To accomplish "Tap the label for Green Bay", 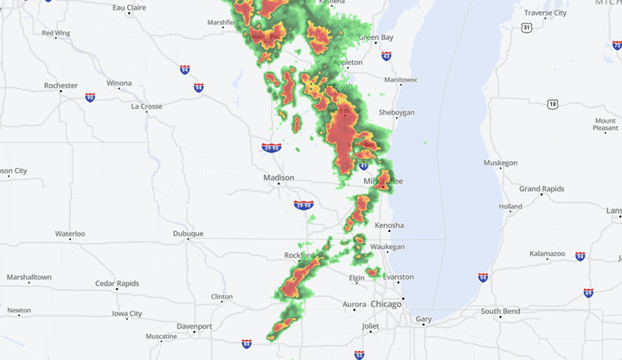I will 375,37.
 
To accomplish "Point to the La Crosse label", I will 146,106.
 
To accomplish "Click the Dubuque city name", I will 188,234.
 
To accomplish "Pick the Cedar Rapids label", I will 116,283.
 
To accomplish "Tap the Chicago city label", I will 386,305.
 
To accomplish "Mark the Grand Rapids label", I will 542,188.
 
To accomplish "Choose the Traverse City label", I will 546,13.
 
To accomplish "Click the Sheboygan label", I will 397,112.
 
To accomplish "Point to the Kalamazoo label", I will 548,254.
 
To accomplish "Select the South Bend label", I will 500,311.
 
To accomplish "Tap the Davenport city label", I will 195,326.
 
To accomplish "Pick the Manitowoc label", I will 401,80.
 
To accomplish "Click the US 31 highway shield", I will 527,28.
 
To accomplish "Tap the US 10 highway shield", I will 552,104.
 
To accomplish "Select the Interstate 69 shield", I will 588,293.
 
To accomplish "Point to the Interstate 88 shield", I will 247,344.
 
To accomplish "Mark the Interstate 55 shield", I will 359,354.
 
